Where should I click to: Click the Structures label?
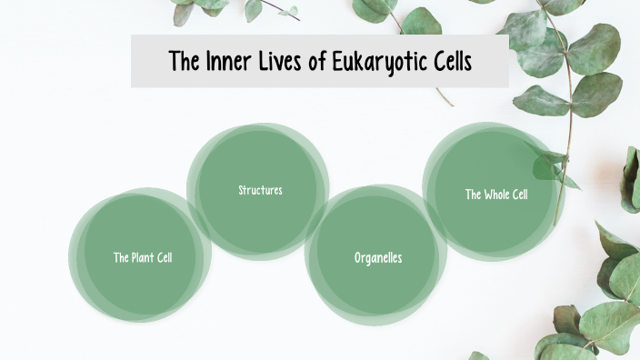260,190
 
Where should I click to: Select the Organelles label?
378,258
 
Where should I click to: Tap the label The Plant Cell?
143,257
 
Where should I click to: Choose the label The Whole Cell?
496,195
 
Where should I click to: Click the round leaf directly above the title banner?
421,20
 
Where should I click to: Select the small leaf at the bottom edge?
479,355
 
